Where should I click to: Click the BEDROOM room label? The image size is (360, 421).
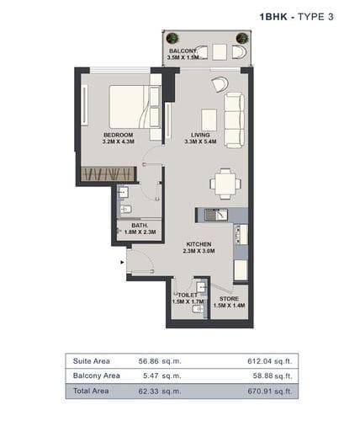pos(118,135)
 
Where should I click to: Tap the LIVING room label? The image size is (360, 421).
pos(200,135)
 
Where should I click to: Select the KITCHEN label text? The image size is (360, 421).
pos(199,244)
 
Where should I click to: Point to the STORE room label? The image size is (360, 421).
pos(229,299)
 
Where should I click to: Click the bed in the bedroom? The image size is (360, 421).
pos(135,107)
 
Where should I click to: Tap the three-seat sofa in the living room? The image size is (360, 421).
pos(234,120)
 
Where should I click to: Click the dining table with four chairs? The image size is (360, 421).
pos(225,184)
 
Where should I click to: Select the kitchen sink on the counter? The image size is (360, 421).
pos(216,215)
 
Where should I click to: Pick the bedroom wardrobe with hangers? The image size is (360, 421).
pos(109,174)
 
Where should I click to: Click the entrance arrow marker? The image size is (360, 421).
pos(122,263)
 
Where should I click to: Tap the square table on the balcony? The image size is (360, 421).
pos(220,52)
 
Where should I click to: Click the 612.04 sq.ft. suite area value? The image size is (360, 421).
pos(270,361)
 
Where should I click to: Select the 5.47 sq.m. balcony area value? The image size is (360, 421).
pos(162,376)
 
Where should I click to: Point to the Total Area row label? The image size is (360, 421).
pos(91,391)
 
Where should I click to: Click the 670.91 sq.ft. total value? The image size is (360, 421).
pos(270,391)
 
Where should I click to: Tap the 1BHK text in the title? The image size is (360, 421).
pos(273,17)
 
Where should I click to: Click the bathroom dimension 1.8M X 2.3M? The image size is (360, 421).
pos(140,232)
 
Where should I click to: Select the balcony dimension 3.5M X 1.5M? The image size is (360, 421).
pos(183,57)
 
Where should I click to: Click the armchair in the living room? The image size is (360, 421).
pos(220,83)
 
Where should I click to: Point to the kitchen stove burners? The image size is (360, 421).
pos(238,234)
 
